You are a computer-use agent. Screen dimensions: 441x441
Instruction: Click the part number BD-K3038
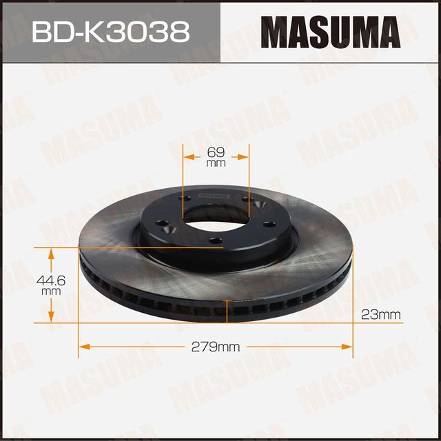(x=110, y=31)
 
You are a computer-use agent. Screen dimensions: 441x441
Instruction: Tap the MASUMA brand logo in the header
(x=331, y=31)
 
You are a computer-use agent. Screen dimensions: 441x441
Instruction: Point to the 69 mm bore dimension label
(x=216, y=156)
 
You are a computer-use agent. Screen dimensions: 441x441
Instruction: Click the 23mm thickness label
(x=380, y=315)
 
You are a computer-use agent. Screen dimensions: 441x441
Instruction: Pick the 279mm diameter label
(x=216, y=347)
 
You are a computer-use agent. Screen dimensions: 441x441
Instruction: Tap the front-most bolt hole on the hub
(x=214, y=240)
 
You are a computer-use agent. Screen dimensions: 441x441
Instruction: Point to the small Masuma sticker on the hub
(x=214, y=195)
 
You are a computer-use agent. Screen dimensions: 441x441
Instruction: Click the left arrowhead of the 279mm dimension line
(x=83, y=346)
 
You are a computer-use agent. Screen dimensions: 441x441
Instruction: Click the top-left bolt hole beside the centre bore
(x=182, y=200)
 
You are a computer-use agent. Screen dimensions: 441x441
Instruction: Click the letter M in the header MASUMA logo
(x=275, y=31)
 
